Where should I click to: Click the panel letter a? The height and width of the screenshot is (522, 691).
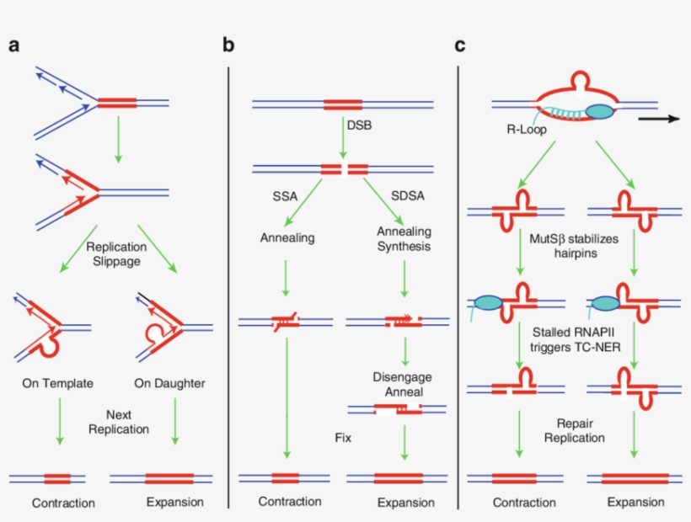click(14, 45)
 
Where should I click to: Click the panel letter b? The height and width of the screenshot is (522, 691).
click(228, 45)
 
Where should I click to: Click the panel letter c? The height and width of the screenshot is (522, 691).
click(460, 45)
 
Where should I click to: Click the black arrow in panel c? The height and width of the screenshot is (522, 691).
click(658, 119)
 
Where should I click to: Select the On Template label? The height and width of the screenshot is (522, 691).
click(57, 384)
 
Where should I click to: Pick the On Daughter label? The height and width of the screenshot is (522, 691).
click(170, 384)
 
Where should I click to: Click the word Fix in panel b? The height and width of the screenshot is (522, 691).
click(342, 438)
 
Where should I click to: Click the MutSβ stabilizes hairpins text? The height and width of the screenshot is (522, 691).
click(574, 246)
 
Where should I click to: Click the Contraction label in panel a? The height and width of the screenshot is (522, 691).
click(63, 503)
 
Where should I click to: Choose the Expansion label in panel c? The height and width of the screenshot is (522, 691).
click(635, 503)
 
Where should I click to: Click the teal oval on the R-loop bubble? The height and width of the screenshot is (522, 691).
click(600, 110)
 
